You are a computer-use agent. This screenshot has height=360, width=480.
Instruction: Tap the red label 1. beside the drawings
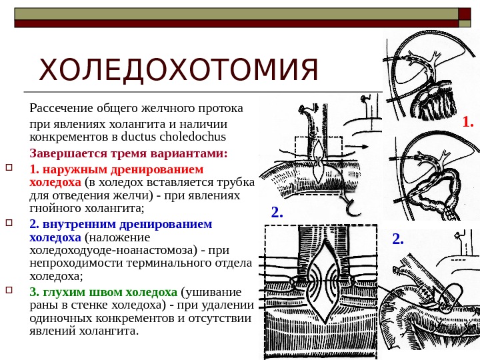(x=468, y=122)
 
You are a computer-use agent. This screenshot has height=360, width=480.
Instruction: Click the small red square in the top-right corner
(x=463, y=14)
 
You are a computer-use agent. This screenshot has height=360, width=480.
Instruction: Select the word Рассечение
(x=61, y=107)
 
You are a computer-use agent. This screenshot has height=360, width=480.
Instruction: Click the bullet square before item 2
(x=9, y=223)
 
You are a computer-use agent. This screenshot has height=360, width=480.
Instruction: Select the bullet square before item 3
(x=9, y=291)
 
